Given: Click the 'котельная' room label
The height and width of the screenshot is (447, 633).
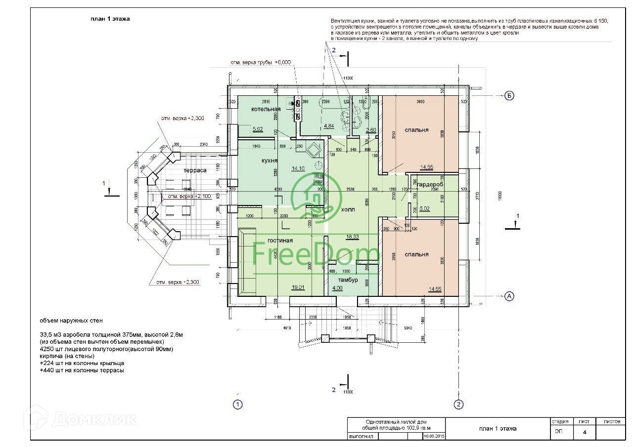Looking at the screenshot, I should tap(266, 109).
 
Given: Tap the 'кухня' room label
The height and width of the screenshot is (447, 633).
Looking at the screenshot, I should tap(269, 161).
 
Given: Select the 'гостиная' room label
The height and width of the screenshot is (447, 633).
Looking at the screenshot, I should tap(280, 241).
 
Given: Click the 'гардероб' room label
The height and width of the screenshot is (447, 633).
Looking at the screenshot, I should tap(430, 184).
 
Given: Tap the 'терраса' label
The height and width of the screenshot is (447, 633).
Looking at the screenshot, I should tap(195, 170).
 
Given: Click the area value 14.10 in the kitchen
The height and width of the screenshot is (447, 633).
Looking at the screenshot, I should tap(298, 168).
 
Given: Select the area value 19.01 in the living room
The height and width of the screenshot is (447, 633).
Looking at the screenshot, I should tap(298, 286).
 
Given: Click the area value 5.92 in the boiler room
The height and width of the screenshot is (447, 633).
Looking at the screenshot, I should tap(258, 129).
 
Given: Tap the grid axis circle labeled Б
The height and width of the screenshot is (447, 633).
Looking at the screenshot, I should tap(508, 96).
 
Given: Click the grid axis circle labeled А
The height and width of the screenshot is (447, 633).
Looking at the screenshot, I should tap(508, 296).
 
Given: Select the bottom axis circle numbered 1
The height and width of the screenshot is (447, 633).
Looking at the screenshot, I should tap(238, 405).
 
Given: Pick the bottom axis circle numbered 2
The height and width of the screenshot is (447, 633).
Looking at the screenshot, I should tap(459, 405).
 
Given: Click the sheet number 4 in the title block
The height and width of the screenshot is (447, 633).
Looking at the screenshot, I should tap(585, 432).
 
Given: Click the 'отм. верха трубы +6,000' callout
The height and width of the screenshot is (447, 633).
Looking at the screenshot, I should tap(261, 63).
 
